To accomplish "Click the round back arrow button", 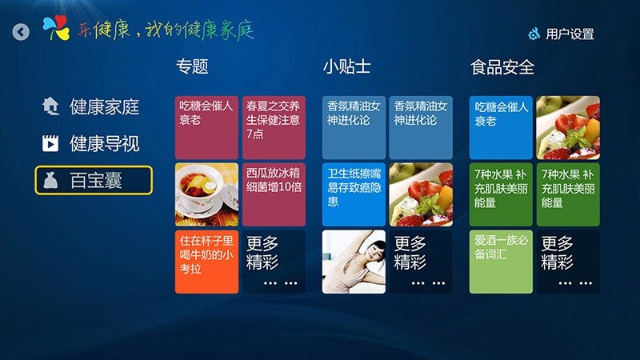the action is (x=21, y=31).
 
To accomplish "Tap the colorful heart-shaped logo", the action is (x=56, y=28).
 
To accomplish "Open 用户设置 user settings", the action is (x=561, y=34).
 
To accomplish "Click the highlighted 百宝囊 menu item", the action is (x=94, y=180).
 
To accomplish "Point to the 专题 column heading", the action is (x=192, y=66).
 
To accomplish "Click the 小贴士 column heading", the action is (x=346, y=66).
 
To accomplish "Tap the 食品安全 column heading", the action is (x=502, y=67).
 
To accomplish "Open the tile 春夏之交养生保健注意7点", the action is (x=274, y=127).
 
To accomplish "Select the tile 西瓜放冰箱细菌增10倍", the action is (x=274, y=194).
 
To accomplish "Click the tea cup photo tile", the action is (x=206, y=194).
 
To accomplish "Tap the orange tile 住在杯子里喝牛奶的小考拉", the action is (x=206, y=262).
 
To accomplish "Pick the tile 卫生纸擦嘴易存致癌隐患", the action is (x=354, y=194).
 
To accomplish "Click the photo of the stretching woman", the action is (x=354, y=262).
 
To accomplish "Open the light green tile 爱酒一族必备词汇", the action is (x=501, y=262).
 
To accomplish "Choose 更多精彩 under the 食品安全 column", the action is (x=568, y=262).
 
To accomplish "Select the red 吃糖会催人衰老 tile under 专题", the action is (x=206, y=127).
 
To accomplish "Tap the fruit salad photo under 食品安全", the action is (x=568, y=127).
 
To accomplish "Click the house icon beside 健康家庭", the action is (x=50, y=106).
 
